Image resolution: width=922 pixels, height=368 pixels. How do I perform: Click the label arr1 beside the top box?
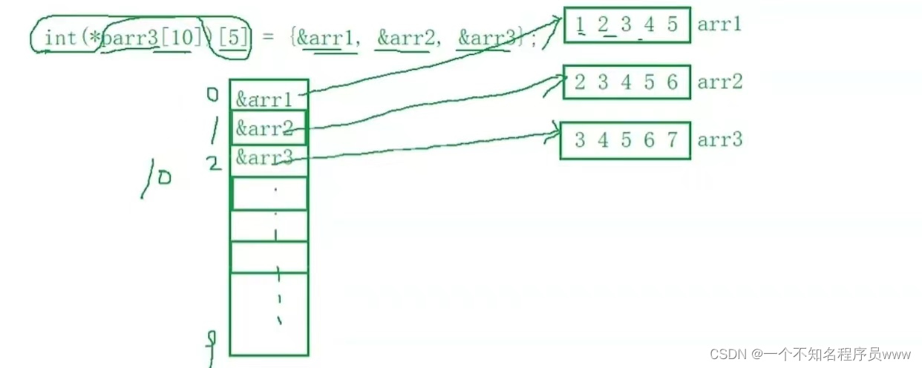719,24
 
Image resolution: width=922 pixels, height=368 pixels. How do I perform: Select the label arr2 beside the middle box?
719,82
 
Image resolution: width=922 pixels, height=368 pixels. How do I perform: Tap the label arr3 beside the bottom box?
719,139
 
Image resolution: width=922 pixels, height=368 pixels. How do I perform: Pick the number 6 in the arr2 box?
672,82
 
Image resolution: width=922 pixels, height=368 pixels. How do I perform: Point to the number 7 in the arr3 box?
672,139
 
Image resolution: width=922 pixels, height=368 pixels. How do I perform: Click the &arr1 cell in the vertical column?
264,99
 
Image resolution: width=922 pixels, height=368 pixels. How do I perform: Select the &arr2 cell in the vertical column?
264,128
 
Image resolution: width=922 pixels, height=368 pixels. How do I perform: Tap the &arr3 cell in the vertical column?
264,157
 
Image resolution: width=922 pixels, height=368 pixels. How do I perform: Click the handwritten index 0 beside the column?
213,94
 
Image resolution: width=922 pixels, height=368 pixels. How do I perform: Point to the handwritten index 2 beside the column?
215,163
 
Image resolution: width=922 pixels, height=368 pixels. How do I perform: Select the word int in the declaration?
60,37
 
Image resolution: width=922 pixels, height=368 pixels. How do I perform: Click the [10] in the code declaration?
178,37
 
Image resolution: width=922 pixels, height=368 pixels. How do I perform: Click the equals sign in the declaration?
267,37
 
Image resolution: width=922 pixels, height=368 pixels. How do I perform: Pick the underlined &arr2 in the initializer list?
404,37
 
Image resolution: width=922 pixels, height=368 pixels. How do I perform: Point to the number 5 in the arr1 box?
672,24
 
